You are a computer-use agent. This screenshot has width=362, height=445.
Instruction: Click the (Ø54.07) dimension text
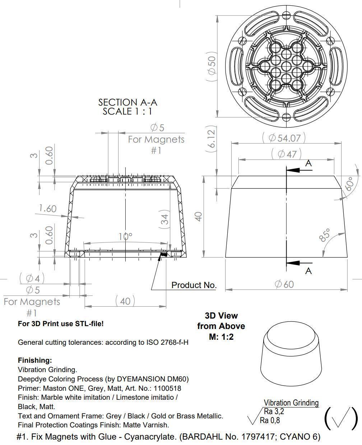pyautogui.click(x=284, y=138)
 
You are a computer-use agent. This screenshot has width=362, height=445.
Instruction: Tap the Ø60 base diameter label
pyautogui.click(x=284, y=284)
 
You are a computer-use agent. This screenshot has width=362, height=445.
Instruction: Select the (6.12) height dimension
pyautogui.click(x=212, y=139)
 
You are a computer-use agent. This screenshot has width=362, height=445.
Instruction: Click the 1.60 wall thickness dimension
pyautogui.click(x=47, y=208)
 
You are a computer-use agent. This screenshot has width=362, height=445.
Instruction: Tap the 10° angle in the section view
pyautogui.click(x=125, y=236)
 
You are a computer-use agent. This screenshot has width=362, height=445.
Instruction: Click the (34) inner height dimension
pyautogui.click(x=164, y=219)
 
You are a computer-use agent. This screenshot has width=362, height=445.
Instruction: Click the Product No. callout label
pyautogui.click(x=194, y=285)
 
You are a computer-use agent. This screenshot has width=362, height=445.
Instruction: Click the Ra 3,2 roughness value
pyautogui.click(x=274, y=411)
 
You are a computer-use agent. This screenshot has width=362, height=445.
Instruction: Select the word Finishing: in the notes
pyautogui.click(x=35, y=360)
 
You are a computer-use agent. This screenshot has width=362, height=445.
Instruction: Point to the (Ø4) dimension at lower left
pyautogui.click(x=32, y=278)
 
